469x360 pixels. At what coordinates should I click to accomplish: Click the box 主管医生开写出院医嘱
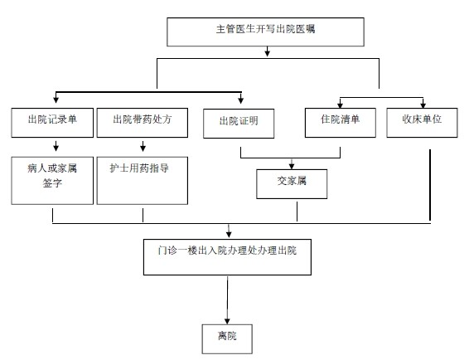coord(264,32)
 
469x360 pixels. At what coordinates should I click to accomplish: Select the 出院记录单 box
coord(54,119)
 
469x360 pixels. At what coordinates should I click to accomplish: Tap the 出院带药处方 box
coord(143,119)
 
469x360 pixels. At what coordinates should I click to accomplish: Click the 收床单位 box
coord(423,119)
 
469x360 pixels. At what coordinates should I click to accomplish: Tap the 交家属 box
coord(291,181)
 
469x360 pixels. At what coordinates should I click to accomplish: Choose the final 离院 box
coord(226,338)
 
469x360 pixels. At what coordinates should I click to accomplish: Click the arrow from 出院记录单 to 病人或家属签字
coord(55,147)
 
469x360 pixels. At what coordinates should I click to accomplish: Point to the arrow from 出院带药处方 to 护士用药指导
coord(143,147)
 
